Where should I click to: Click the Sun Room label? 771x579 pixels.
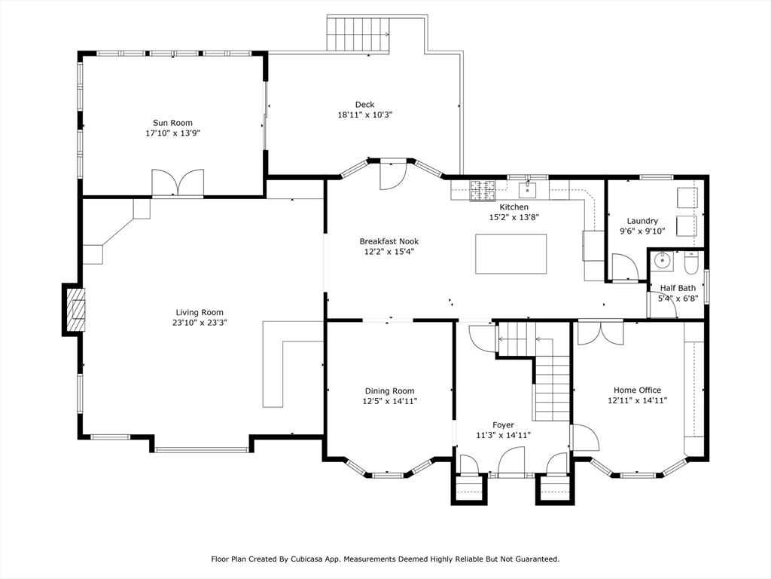coord(172,123)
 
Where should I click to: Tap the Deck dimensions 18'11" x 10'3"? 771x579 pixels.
coord(365,115)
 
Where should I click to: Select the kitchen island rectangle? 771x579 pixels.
coord(511,254)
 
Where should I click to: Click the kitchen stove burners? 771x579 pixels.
coord(483,191)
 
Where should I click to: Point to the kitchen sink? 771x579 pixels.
coord(528,188)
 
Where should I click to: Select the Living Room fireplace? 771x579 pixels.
coord(73,310)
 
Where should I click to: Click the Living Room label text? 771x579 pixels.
coord(200,312)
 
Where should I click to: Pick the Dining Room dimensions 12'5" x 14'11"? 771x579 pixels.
coord(390,401)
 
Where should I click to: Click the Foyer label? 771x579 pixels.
coord(504,425)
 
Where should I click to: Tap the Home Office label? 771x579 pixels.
coord(637,390)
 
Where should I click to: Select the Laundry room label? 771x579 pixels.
coord(642,221)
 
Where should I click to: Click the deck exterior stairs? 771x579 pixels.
coord(358,34)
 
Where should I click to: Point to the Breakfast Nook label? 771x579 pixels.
coord(389,241)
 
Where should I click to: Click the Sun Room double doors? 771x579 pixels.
coord(178,182)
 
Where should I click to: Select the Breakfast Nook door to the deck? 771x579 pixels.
coord(392,175)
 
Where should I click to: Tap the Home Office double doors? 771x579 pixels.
coord(600,332)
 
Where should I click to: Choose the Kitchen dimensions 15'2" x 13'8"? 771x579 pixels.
coord(514,217)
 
